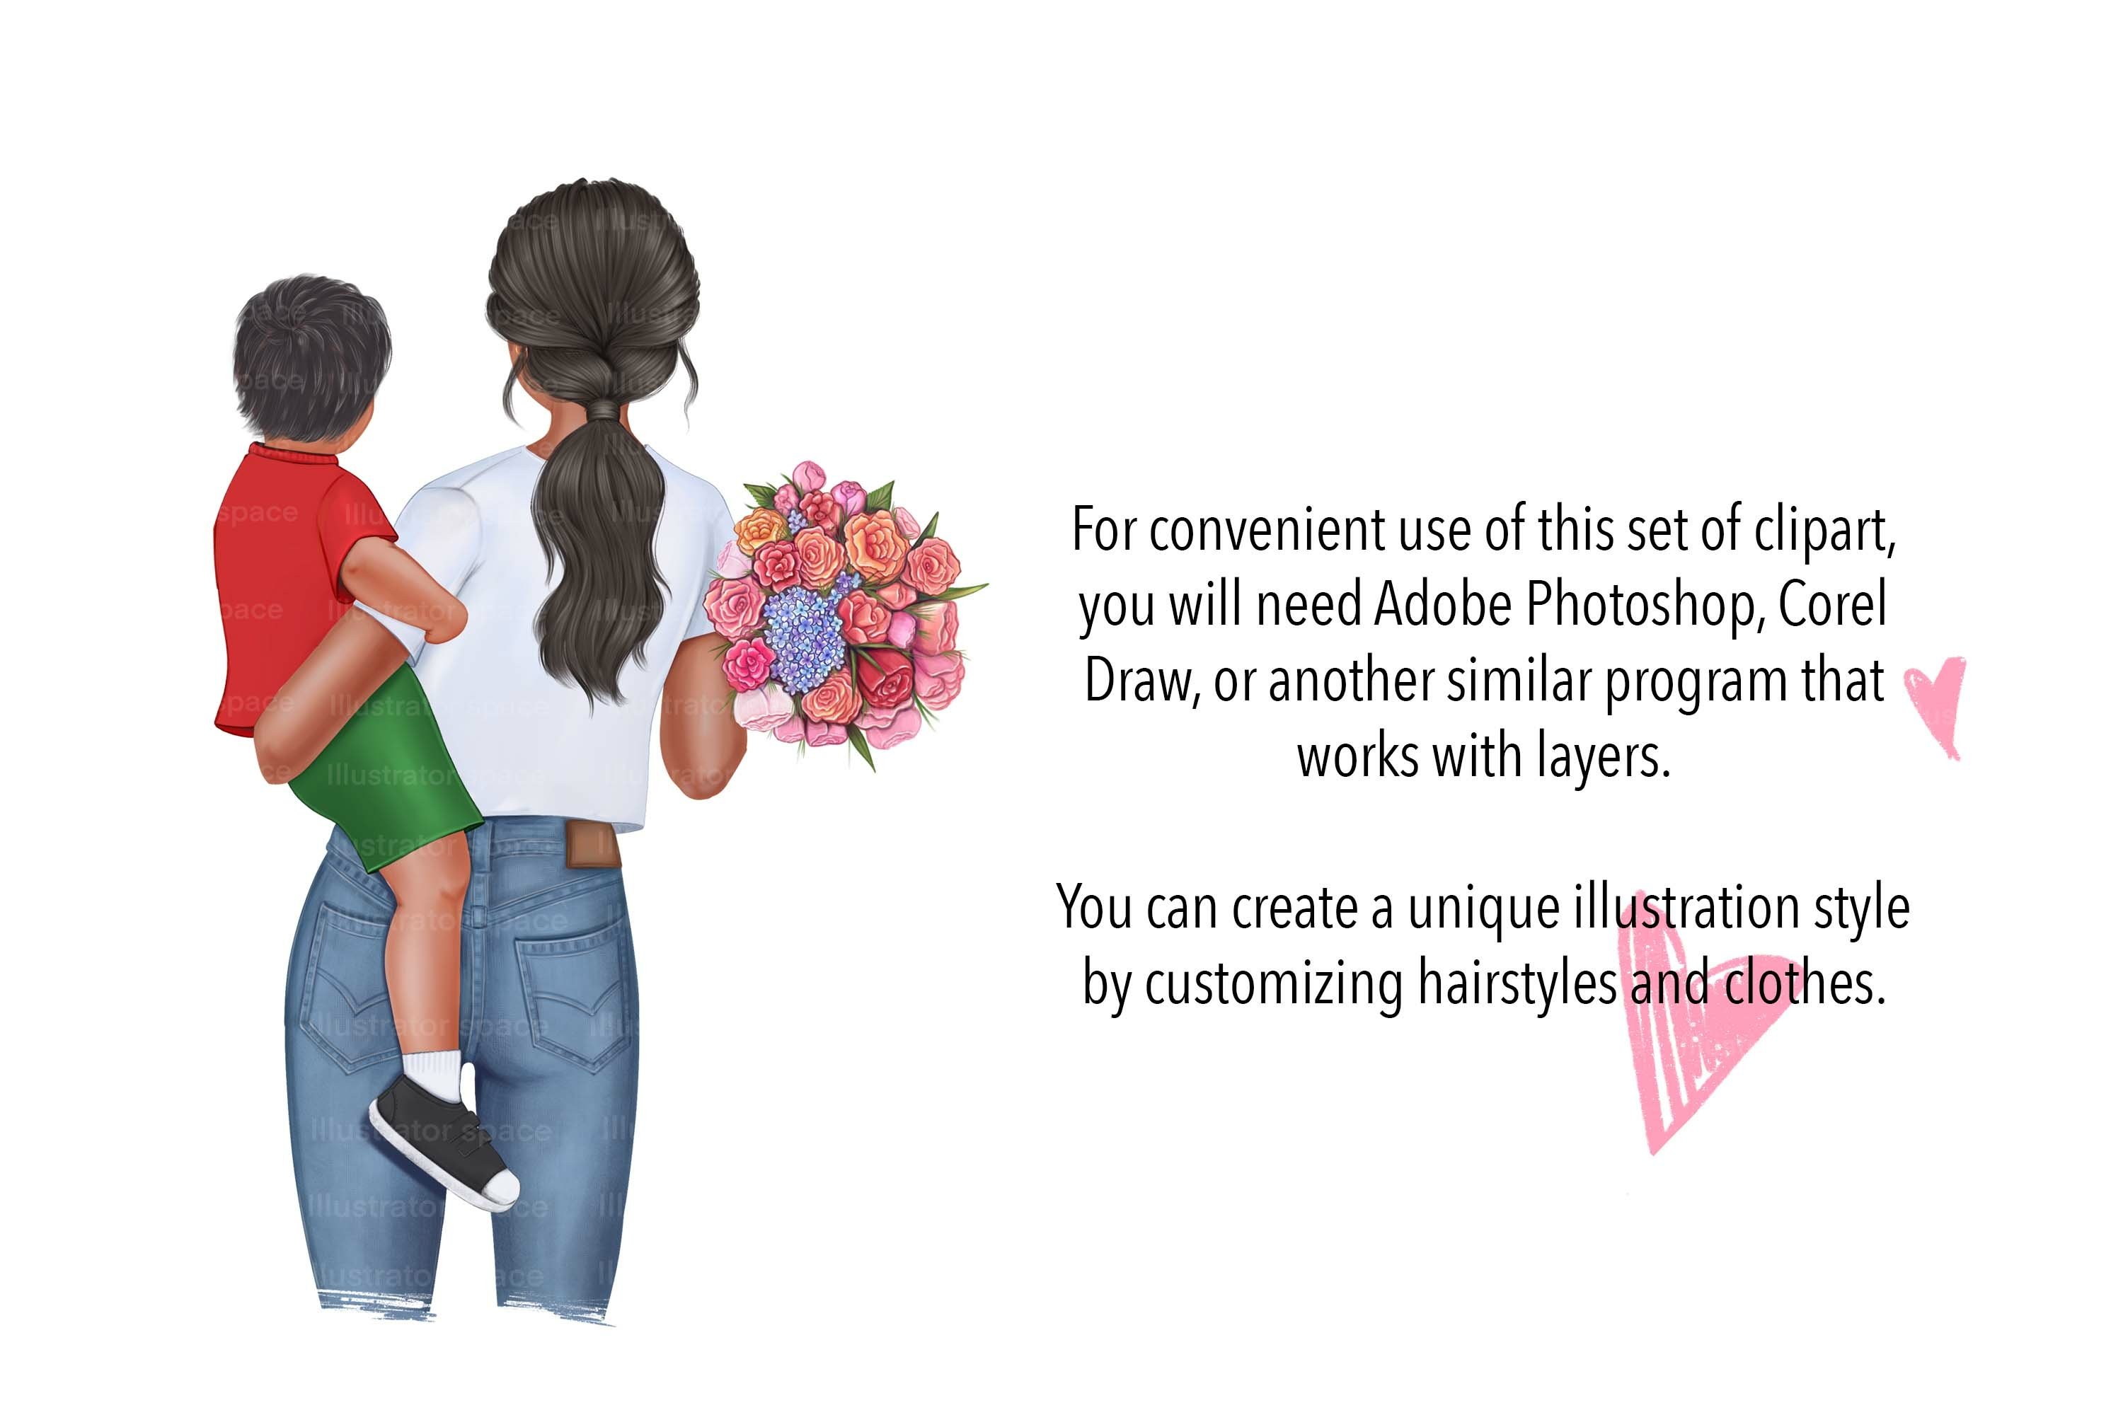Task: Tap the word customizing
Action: [x=1272, y=983]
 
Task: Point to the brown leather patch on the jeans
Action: [x=592, y=845]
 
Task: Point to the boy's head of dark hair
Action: [x=311, y=352]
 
